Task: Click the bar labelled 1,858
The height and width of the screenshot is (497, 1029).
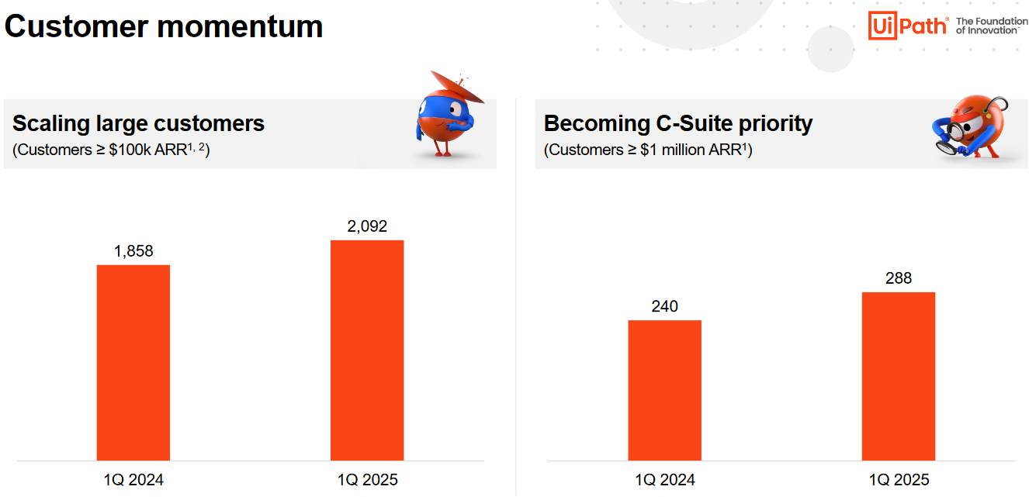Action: click(133, 363)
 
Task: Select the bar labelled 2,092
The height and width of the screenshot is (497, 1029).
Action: click(367, 350)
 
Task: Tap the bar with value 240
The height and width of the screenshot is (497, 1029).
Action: click(665, 390)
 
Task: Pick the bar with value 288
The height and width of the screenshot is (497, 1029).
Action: click(899, 376)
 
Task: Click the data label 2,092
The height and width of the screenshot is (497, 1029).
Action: click(367, 226)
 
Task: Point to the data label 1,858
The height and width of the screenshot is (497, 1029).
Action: click(133, 251)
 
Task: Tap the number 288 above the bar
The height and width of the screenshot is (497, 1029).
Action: click(899, 278)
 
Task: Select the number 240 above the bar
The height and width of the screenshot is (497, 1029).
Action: click(665, 306)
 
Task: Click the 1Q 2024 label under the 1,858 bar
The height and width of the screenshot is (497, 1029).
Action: click(133, 480)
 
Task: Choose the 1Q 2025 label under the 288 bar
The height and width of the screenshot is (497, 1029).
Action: click(899, 480)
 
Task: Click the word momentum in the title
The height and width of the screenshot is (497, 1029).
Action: click(240, 26)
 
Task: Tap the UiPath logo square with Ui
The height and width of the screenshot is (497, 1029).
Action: click(882, 26)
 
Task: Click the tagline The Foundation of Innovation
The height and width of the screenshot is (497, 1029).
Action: click(992, 26)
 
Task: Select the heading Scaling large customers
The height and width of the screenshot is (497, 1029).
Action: click(138, 123)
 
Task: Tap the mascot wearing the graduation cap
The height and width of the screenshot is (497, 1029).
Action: click(448, 115)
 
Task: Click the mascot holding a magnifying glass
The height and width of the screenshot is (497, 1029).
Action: click(970, 127)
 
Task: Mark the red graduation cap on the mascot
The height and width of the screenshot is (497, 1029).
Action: click(457, 86)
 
